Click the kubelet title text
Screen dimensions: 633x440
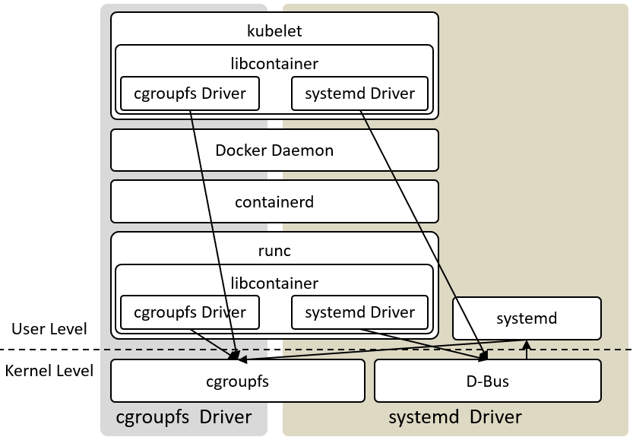pos(274,31)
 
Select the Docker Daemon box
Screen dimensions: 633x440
pos(274,150)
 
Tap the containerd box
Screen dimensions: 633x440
pos(274,201)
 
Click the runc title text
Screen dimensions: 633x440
pos(274,251)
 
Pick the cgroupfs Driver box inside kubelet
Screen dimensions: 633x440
pos(190,93)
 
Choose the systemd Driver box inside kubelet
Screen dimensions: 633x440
pos(359,93)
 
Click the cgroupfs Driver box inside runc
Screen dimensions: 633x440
pos(190,312)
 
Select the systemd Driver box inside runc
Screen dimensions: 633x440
pos(359,312)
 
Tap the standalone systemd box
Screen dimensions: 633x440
pos(527,318)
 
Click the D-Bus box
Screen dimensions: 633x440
pos(488,381)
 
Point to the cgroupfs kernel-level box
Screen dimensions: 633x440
pos(238,381)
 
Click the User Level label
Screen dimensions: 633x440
pos(49,329)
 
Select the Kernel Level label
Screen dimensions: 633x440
pos(49,371)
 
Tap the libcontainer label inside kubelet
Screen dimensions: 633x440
pos(274,64)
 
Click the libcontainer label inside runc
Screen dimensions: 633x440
pos(274,283)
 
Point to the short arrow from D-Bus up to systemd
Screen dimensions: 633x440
pos(527,350)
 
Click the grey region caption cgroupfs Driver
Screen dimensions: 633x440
pos(184,417)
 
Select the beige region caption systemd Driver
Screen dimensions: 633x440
pos(455,417)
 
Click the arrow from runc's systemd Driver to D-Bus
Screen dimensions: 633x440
pos(424,344)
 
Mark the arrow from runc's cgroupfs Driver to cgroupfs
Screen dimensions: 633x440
pos(215,344)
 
